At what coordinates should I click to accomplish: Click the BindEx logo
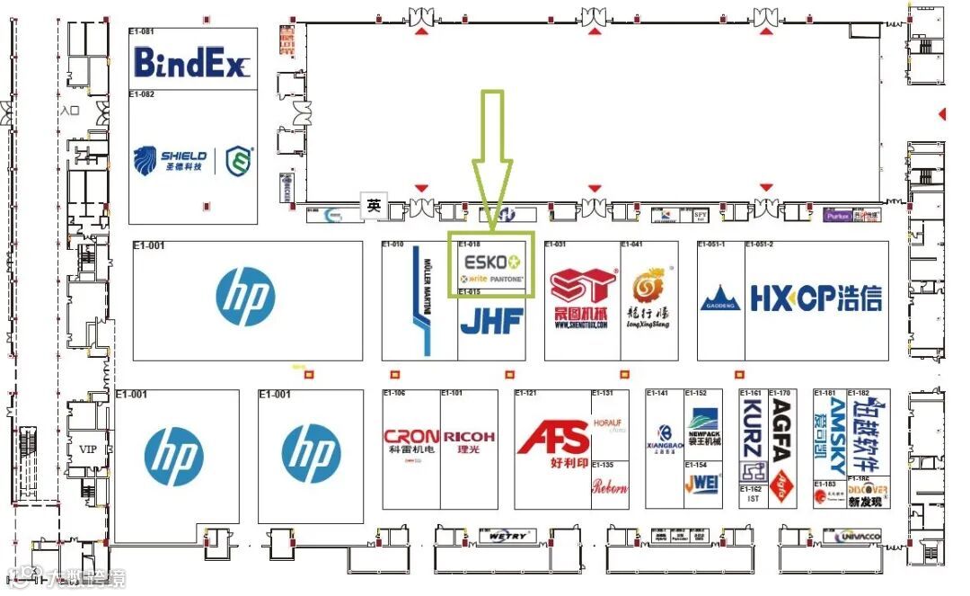click(x=192, y=62)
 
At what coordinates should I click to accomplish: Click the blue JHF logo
click(x=491, y=321)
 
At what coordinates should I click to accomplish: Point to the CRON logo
click(x=411, y=437)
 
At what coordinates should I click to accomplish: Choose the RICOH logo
click(x=469, y=437)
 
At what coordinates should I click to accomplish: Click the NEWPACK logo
click(x=703, y=420)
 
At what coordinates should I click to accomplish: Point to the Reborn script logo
click(x=610, y=486)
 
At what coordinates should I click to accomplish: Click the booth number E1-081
click(x=142, y=31)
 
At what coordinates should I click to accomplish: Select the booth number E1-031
click(x=556, y=245)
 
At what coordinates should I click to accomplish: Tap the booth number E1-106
click(x=394, y=393)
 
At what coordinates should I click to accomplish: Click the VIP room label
click(x=87, y=449)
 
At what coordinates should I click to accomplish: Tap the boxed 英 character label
click(x=373, y=204)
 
